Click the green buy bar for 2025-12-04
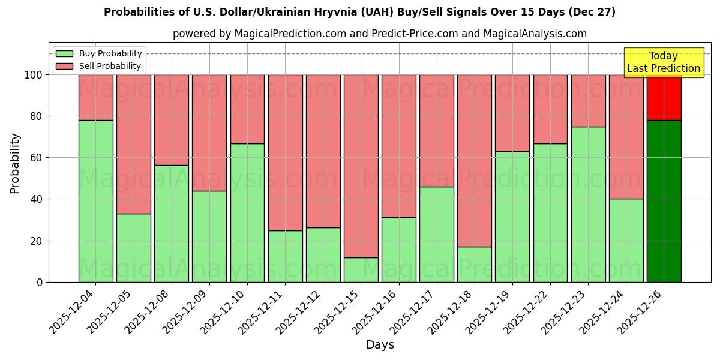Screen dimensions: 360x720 click(x=95, y=201)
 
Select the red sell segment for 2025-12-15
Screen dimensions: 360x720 click(x=361, y=166)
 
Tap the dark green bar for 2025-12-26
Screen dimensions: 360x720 click(x=664, y=201)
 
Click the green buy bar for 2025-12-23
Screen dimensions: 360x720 click(x=588, y=204)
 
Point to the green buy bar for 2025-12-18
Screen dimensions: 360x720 click(x=474, y=264)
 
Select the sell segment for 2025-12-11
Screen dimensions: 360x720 click(x=285, y=152)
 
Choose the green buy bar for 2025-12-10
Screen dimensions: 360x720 click(x=247, y=212)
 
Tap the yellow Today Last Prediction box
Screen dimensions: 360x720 click(x=663, y=62)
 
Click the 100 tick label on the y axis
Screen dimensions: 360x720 click(x=34, y=75)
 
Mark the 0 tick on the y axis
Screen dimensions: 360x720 click(x=40, y=282)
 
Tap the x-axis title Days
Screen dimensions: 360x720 click(x=380, y=345)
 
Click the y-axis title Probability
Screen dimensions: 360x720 click(x=15, y=163)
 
